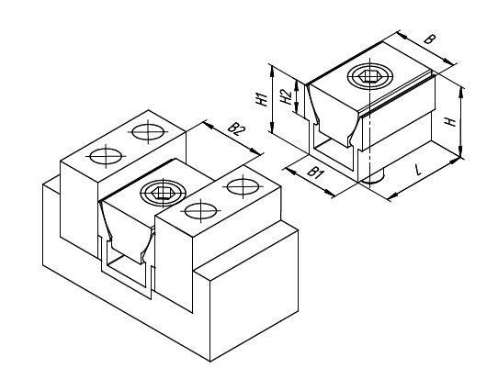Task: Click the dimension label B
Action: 430,39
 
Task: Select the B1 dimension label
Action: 315,173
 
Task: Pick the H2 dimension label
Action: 287,96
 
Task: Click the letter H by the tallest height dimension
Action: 450,121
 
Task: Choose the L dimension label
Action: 418,170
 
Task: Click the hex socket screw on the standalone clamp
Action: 370,76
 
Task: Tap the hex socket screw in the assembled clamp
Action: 164,193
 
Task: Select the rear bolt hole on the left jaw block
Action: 148,131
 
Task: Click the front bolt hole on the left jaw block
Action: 106,156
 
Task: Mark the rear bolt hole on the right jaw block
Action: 243,186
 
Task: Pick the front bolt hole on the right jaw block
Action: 200,211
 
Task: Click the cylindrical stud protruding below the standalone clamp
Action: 374,178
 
